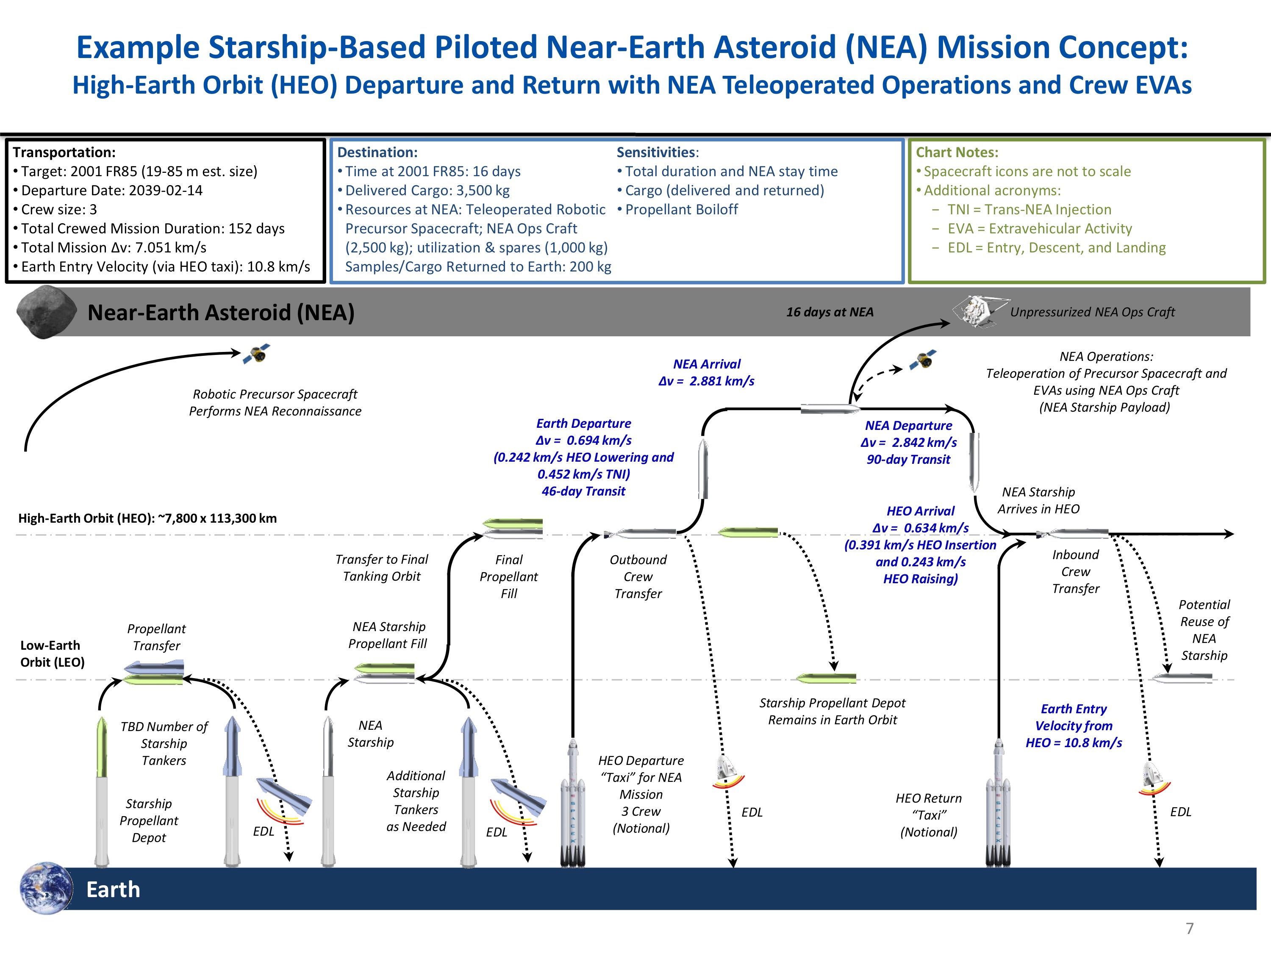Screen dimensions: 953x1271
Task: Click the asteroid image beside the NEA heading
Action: (46, 311)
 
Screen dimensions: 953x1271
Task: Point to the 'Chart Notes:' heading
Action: (957, 152)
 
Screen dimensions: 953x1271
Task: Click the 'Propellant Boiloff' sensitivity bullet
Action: (681, 209)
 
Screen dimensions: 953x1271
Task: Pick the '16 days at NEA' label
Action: (829, 312)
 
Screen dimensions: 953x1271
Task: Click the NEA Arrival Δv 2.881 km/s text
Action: (706, 372)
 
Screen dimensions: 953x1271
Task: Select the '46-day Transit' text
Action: (583, 491)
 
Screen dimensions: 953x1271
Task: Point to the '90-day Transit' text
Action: (908, 460)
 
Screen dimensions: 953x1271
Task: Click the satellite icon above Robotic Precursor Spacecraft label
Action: (257, 355)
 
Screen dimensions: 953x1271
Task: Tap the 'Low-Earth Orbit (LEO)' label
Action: (52, 654)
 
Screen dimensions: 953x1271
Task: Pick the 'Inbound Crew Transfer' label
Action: (1075, 571)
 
